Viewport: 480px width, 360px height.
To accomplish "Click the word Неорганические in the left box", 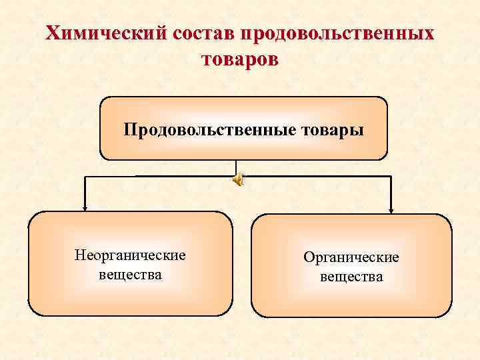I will [130, 255].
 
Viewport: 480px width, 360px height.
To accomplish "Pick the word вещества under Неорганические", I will [130, 274].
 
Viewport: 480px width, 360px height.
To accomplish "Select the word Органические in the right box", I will [351, 257].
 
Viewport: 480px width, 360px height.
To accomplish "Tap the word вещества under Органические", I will [351, 276].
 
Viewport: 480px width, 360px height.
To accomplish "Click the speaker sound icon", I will [238, 179].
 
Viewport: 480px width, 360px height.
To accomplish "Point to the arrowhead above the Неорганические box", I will [85, 207].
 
